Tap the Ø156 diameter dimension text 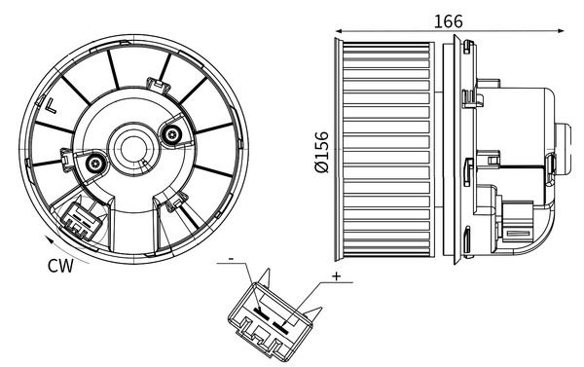coord(322,152)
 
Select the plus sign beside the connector coord(336,277)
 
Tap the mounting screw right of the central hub coord(172,135)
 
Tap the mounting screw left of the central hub coord(95,165)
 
